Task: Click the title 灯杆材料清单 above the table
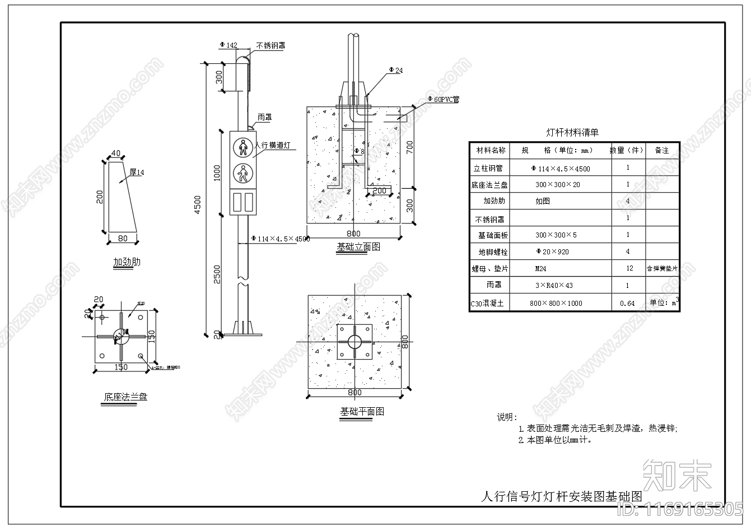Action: tap(572, 133)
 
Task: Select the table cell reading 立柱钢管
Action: tap(488, 167)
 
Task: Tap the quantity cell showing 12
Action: tap(629, 268)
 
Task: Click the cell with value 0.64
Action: tap(627, 303)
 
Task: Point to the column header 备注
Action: tap(662, 150)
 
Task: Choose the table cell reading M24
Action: tap(540, 269)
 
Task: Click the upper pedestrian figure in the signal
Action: tap(243, 147)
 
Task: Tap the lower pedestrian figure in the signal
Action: tap(243, 174)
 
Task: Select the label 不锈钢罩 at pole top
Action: tap(271, 46)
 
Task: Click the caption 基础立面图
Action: tap(358, 246)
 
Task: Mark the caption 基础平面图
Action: tap(362, 411)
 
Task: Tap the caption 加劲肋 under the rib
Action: tap(127, 262)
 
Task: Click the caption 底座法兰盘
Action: tap(125, 397)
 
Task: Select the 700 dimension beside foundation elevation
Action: tap(409, 147)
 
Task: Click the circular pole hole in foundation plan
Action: tap(354, 341)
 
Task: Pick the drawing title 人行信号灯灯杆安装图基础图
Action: tap(561, 496)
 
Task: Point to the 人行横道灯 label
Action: tap(273, 145)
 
